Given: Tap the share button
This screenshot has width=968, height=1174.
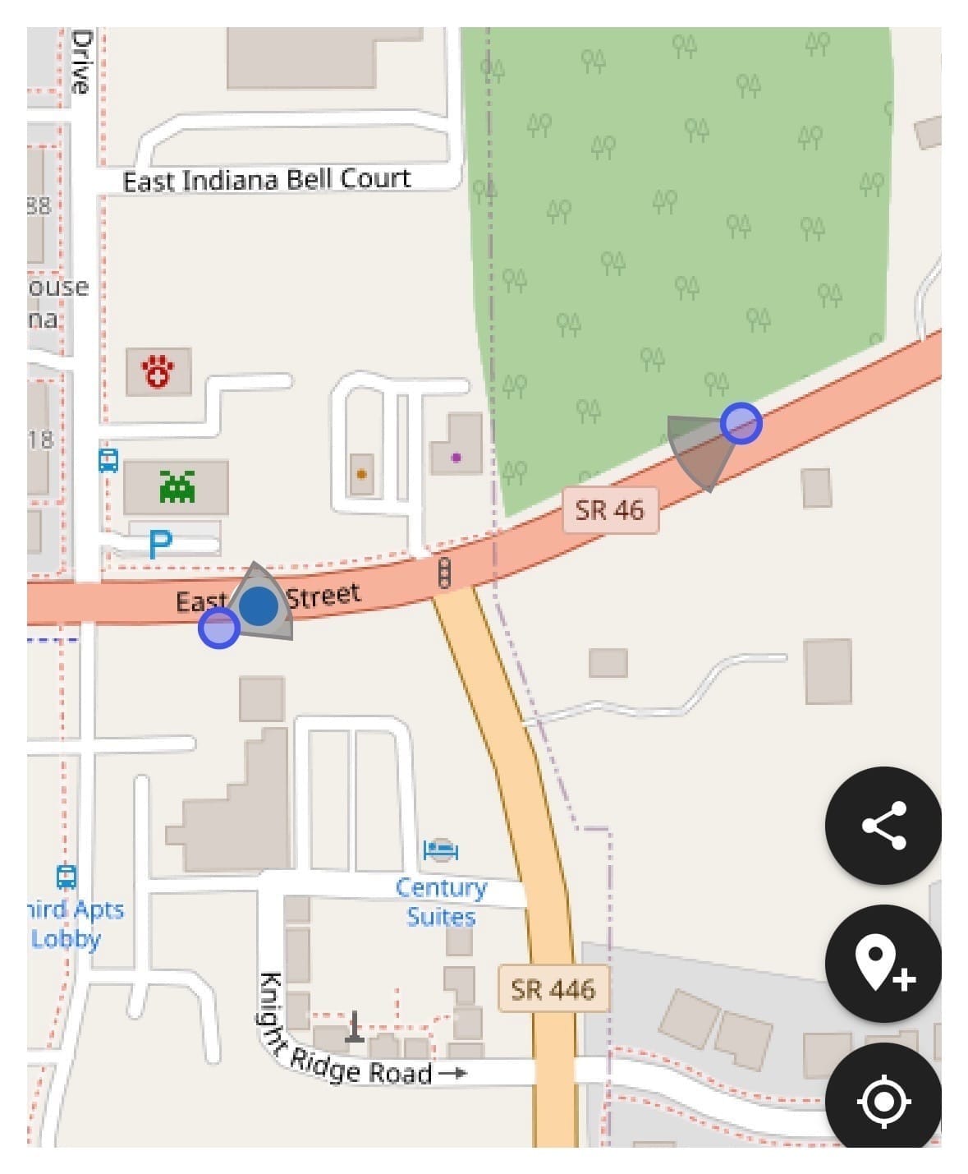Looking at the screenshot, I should tap(883, 825).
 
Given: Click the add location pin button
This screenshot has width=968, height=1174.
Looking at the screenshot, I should tap(883, 964).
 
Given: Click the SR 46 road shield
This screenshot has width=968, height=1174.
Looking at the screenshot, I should tap(610, 510).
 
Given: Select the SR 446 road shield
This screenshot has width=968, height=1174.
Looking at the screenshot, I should tap(553, 989).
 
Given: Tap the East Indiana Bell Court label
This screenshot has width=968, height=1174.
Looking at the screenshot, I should tap(267, 180).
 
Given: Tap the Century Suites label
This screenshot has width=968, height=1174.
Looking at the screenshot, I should tap(441, 902).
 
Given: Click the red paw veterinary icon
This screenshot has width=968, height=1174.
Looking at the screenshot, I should tap(158, 372).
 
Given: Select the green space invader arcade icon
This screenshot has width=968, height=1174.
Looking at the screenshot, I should tap(177, 486).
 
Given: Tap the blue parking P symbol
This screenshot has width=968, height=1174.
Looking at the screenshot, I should tap(161, 543).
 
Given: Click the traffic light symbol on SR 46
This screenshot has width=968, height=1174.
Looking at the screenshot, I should tap(444, 573).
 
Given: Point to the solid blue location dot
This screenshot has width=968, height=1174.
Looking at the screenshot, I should tap(259, 605).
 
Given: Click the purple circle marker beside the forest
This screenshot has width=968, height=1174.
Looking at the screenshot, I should tap(741, 423).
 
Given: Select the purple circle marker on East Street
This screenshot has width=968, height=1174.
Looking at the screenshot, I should tap(218, 628).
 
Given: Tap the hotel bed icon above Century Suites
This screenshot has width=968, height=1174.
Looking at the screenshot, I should tap(441, 849).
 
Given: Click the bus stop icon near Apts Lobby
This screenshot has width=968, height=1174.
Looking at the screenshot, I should tap(67, 877).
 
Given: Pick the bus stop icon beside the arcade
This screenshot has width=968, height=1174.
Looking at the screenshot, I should tap(108, 460).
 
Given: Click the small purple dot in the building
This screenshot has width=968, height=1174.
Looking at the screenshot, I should tap(456, 457).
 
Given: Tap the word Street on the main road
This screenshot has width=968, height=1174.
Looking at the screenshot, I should tap(323, 595).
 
